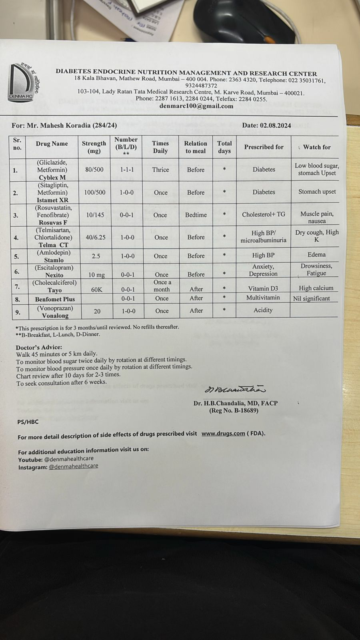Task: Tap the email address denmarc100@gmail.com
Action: click(196, 106)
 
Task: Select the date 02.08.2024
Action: click(266, 125)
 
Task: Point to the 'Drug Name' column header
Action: click(52, 144)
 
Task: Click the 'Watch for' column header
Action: click(316, 147)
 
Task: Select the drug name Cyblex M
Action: click(52, 178)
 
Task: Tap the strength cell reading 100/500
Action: click(95, 192)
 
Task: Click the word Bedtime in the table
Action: click(196, 215)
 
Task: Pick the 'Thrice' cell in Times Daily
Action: click(160, 170)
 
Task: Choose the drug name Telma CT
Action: click(53, 245)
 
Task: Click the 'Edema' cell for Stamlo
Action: click(316, 254)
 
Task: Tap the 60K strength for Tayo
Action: click(96, 289)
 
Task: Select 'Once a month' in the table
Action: click(162, 286)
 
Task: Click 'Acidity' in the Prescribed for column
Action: click(263, 310)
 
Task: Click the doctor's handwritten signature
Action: click(235, 389)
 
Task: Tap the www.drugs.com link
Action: click(223, 433)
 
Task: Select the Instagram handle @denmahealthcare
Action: click(73, 466)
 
